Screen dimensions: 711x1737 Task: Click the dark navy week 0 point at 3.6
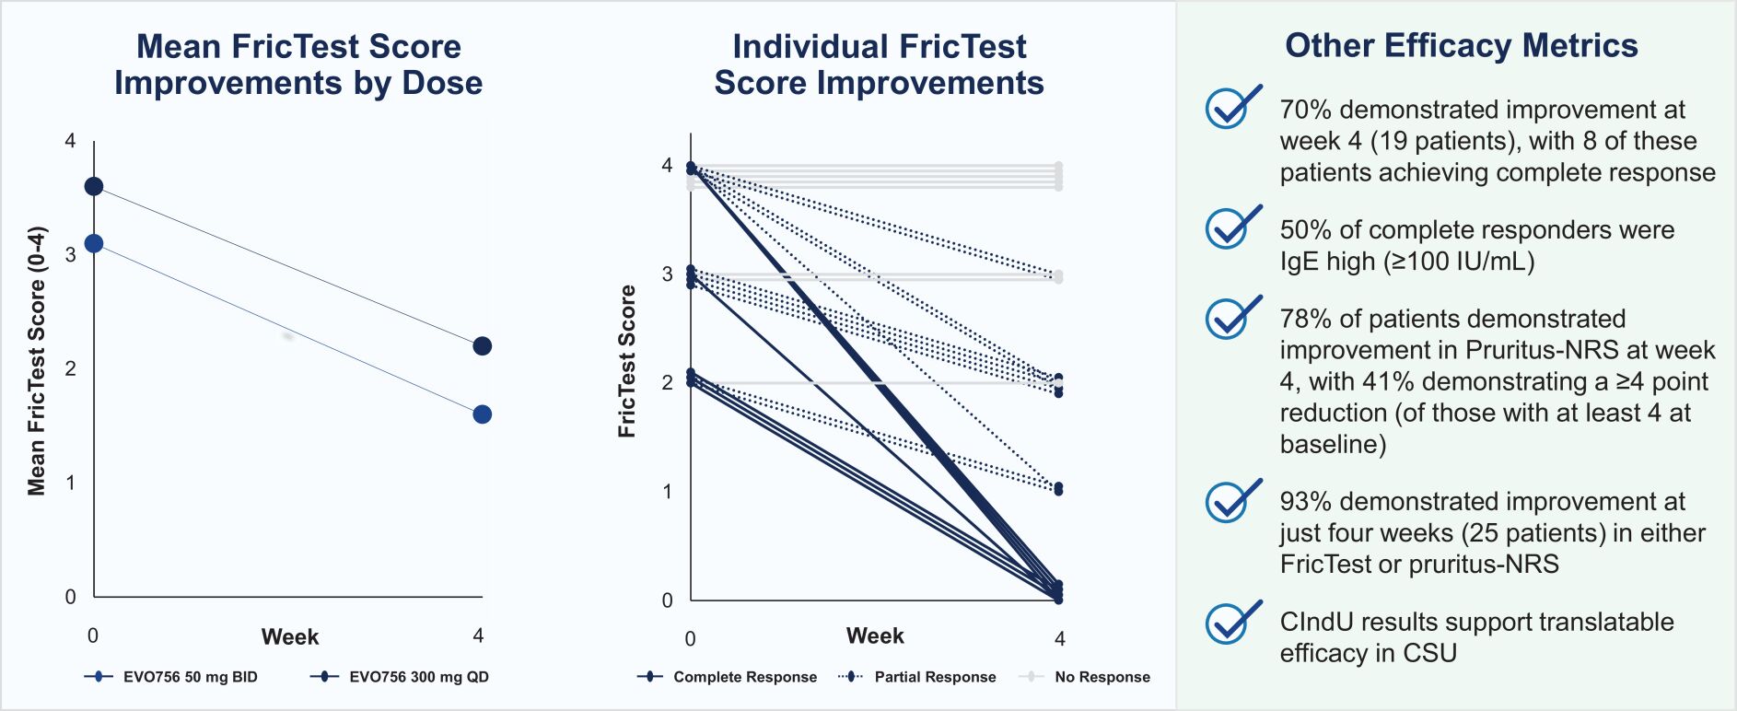point(93,187)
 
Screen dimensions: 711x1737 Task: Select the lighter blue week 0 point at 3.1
point(93,244)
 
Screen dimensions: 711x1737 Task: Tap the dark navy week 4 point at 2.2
point(482,346)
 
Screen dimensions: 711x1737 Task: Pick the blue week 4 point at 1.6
point(482,414)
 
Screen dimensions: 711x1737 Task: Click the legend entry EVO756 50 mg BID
point(171,677)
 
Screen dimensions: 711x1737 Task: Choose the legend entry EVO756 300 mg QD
point(400,677)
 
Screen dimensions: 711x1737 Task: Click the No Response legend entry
point(1085,677)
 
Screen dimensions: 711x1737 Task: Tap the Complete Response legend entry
point(727,677)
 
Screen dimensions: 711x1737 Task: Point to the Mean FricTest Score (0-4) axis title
point(37,361)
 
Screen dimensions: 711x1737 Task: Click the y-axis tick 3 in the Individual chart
point(667,274)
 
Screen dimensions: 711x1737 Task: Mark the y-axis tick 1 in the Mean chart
point(70,483)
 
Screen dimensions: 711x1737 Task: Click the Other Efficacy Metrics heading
point(1461,45)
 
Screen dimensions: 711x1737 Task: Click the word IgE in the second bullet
point(1299,262)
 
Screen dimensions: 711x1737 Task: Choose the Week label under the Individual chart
point(875,636)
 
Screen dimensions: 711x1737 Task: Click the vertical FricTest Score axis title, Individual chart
point(627,361)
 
